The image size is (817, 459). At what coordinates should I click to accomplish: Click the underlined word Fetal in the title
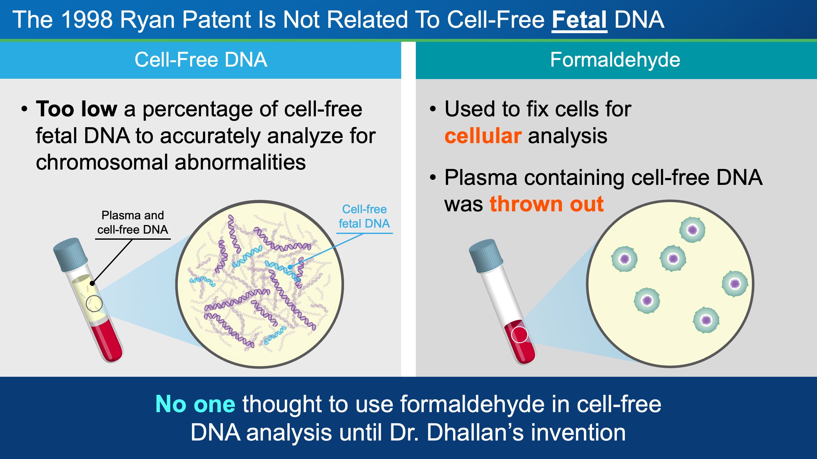click(579, 20)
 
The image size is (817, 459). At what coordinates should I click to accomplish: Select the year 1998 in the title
click(87, 20)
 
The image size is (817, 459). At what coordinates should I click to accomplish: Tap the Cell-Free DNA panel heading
click(201, 60)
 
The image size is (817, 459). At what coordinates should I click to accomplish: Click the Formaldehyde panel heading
click(615, 60)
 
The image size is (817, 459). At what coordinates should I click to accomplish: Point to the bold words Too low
click(77, 109)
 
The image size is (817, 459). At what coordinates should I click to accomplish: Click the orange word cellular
click(483, 136)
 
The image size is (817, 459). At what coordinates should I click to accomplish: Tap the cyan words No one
click(195, 404)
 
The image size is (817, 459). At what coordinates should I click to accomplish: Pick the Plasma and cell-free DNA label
click(132, 222)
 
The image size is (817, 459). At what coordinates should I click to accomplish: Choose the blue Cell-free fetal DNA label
click(364, 216)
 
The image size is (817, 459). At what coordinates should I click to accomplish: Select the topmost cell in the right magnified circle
click(692, 229)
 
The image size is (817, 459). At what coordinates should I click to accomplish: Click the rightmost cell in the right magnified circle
click(735, 283)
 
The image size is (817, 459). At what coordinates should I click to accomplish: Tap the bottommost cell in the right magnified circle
click(706, 320)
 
